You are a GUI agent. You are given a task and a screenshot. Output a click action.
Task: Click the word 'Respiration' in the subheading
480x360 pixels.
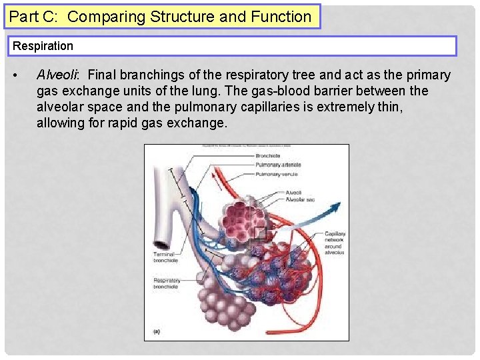pyautogui.click(x=43, y=46)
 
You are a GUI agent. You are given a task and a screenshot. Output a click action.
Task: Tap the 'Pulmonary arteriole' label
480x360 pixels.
pyautogui.click(x=278, y=165)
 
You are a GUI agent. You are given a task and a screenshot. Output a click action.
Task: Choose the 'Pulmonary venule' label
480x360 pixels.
pyautogui.click(x=276, y=174)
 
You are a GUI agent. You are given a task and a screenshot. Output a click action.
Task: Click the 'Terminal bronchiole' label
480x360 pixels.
pyautogui.click(x=164, y=257)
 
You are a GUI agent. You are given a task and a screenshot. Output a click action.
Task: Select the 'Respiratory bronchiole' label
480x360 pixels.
pyautogui.click(x=167, y=284)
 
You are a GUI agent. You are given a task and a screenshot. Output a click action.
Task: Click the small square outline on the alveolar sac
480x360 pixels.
pyautogui.click(x=259, y=233)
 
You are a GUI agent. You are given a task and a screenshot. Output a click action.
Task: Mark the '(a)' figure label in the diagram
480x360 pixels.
pyautogui.click(x=156, y=331)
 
